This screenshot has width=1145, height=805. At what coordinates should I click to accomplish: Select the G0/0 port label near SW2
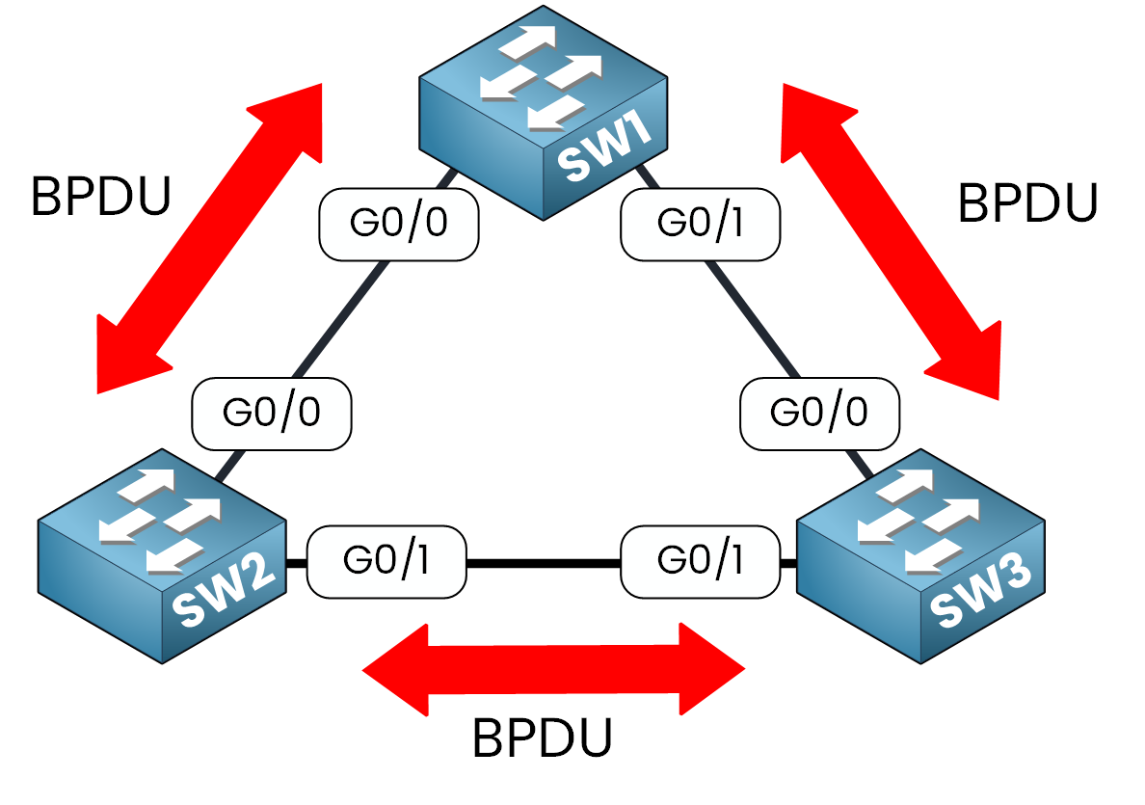[x=272, y=413]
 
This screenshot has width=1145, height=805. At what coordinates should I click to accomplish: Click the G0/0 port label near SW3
[x=819, y=413]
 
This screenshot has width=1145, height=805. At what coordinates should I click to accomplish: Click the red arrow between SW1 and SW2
[x=210, y=238]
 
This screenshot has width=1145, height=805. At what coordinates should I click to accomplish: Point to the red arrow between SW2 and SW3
[x=553, y=668]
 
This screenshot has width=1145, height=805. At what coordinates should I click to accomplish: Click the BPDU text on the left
[x=101, y=198]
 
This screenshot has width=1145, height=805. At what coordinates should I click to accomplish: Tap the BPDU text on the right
[x=1027, y=203]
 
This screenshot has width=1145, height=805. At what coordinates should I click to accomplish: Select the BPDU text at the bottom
[x=543, y=739]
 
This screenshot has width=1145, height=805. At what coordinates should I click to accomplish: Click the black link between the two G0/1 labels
[x=544, y=563]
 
